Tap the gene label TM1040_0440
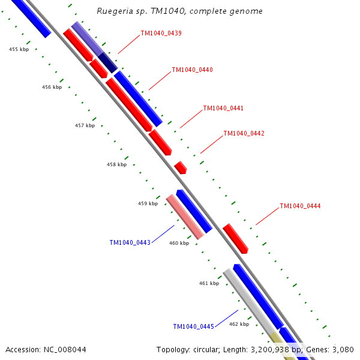(x=192, y=70)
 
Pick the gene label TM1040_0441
(x=223, y=108)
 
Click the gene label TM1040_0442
(x=244, y=133)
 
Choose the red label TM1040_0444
(x=300, y=206)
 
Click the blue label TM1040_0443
(x=130, y=242)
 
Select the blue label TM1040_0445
(x=193, y=326)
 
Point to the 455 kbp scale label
(x=19, y=50)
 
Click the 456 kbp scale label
(x=52, y=87)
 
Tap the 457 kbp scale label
(x=85, y=125)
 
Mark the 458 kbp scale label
(x=116, y=164)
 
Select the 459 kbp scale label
(x=148, y=203)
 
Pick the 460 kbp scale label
(x=179, y=243)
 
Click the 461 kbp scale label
(x=209, y=283)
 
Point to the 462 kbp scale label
(x=239, y=323)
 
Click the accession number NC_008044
(x=46, y=349)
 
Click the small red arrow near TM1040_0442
(x=181, y=167)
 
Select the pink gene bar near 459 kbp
(x=185, y=217)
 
